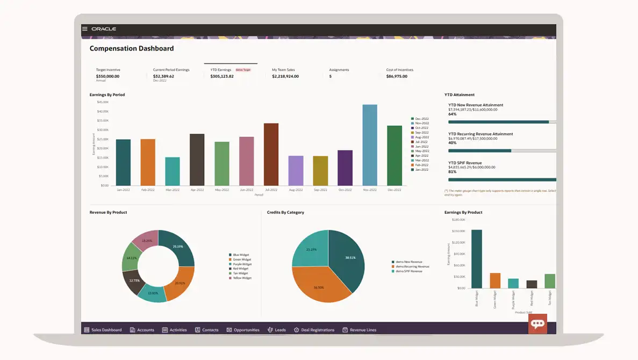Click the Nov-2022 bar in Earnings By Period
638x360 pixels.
tap(369, 145)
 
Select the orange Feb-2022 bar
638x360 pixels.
tap(148, 162)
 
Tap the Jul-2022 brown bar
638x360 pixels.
tap(271, 154)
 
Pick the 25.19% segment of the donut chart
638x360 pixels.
tap(178, 247)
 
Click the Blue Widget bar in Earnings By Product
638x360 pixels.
tap(476, 259)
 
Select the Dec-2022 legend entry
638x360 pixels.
tap(420, 119)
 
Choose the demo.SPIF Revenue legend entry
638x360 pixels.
tap(410, 271)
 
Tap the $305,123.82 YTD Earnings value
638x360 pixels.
tap(221, 76)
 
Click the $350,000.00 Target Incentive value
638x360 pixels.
tap(107, 76)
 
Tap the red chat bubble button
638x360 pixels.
tap(537, 323)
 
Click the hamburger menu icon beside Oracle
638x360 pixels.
tap(85, 28)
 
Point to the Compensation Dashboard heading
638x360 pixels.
tap(132, 48)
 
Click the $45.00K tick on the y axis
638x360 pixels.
tap(103, 102)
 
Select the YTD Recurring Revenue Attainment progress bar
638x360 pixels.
tap(502, 151)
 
